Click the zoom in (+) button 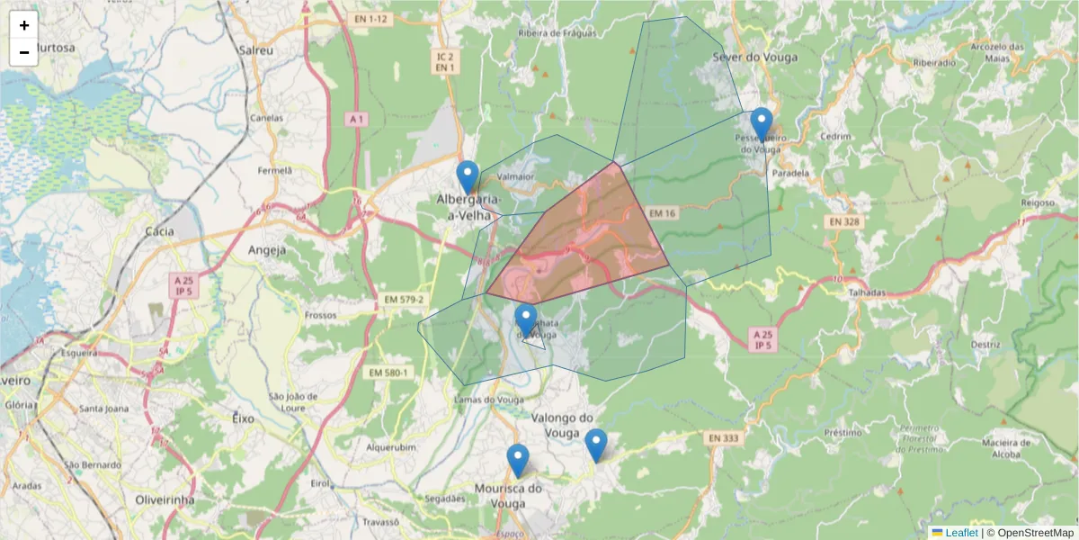(24, 25)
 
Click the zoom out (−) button (24, 52)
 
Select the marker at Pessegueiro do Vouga (762, 124)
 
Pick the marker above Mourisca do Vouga (517, 460)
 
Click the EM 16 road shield (661, 213)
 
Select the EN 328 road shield (844, 221)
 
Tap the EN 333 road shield (723, 438)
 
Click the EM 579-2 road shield (402, 299)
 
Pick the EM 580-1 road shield (388, 373)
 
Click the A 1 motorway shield (357, 119)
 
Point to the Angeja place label (266, 250)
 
